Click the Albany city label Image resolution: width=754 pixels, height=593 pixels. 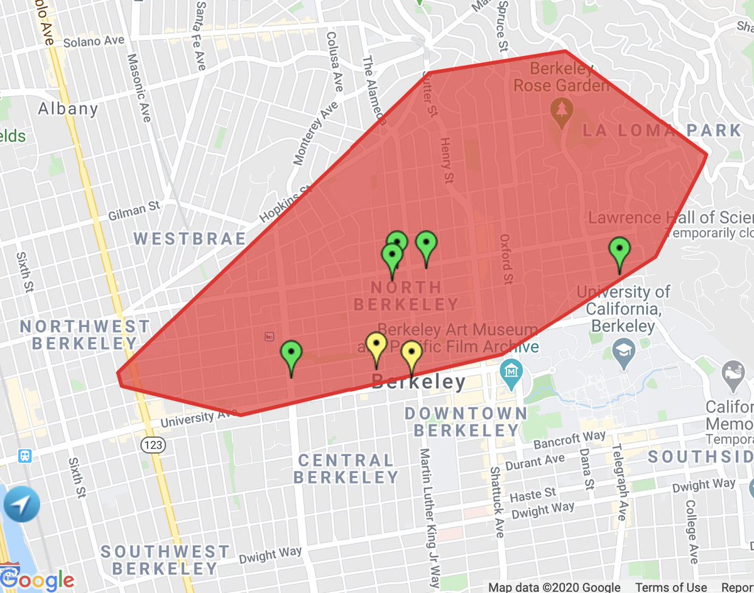pos(68,109)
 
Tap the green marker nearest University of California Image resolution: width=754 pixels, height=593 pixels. pos(620,252)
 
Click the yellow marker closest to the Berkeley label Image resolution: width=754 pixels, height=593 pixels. pos(412,356)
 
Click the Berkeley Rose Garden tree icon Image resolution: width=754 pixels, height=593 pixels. pos(559,111)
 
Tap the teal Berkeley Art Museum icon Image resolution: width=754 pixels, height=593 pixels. pos(511,370)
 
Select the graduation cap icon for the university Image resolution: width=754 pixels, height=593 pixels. pos(623,355)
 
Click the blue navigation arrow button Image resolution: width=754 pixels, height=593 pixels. pos(21,504)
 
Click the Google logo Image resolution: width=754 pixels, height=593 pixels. pos(37,579)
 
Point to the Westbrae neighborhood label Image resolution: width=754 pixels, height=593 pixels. pos(190,239)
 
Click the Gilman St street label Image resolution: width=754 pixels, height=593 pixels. pos(134,209)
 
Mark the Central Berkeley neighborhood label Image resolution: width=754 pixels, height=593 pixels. pos(346,468)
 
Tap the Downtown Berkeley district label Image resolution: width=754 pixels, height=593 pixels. pos(466,422)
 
